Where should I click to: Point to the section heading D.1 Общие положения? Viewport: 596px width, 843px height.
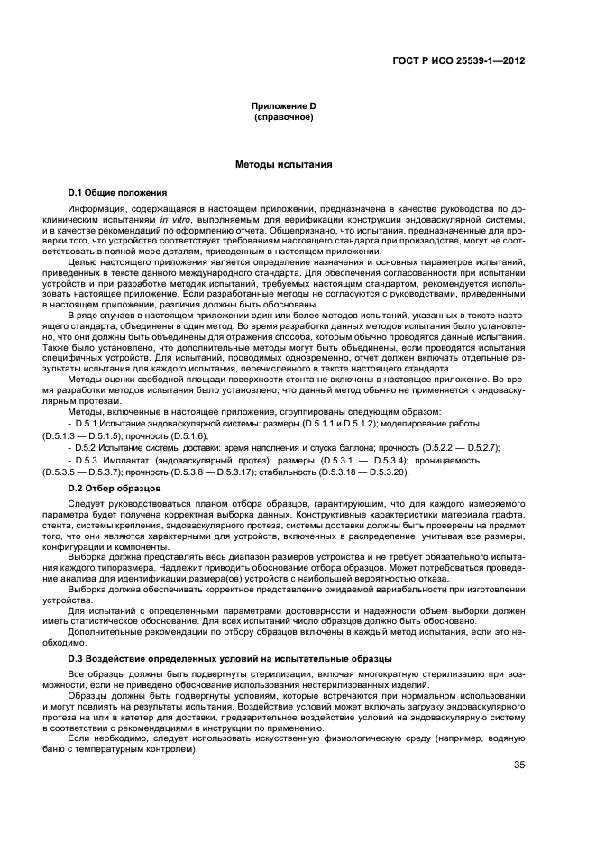117,193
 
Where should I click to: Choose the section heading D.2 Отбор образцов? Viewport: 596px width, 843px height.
114,488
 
